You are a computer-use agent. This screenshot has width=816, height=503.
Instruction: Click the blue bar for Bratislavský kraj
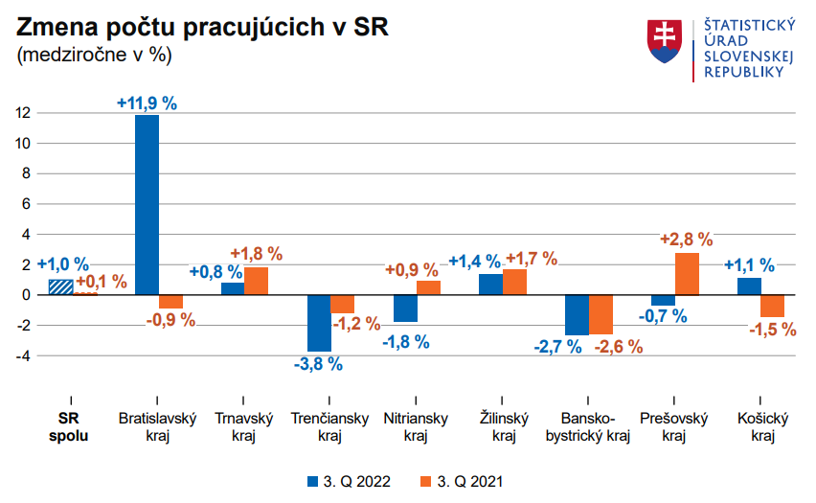[x=147, y=204]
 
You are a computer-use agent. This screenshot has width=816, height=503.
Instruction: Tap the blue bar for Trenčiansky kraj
[x=319, y=323]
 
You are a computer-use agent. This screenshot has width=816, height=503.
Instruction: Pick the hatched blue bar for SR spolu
[x=61, y=286]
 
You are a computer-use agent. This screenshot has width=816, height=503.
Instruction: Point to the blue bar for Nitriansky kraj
[x=405, y=308]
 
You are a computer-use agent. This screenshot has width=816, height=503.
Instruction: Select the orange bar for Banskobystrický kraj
[x=601, y=314]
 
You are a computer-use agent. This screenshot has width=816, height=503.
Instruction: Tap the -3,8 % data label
[x=318, y=363]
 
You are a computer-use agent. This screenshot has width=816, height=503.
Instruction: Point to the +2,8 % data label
[x=687, y=240]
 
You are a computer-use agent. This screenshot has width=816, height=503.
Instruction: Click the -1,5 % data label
[x=773, y=329]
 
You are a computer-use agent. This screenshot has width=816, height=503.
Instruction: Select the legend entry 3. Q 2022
[x=350, y=482]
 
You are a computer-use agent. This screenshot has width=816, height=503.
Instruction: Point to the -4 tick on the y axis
[x=24, y=355]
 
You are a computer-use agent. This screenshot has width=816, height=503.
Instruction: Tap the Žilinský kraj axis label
[x=504, y=427]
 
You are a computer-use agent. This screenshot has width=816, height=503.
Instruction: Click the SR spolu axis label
[x=68, y=427]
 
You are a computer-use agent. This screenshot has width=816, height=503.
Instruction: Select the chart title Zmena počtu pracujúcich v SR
[x=202, y=28]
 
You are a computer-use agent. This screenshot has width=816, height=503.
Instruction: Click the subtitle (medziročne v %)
[x=93, y=55]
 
